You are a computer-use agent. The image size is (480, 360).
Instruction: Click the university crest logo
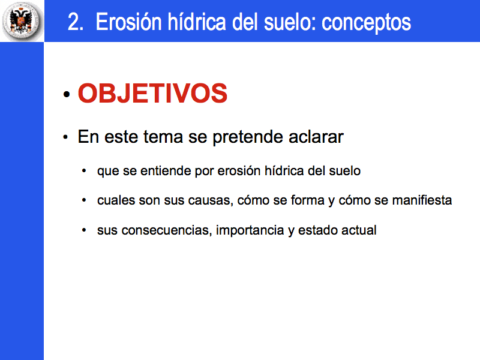point(22,21)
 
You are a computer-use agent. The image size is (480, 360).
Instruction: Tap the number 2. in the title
point(76,22)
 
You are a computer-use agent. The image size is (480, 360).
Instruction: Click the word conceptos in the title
point(366,23)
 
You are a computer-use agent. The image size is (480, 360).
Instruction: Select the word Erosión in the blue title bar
point(128,22)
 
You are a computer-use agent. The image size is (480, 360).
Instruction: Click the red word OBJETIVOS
point(152,94)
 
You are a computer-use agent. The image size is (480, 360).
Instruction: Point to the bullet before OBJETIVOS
point(67,94)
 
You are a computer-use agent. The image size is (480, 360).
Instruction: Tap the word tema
point(163,137)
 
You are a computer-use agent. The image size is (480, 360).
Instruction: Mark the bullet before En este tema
point(65,137)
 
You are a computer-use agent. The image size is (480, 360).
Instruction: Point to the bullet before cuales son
point(84,200)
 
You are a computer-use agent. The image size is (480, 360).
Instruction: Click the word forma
point(307,200)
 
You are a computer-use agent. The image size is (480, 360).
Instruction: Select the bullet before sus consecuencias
point(84,230)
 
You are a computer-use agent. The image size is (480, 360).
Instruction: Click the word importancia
point(250,230)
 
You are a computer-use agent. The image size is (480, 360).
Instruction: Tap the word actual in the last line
point(359,230)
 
